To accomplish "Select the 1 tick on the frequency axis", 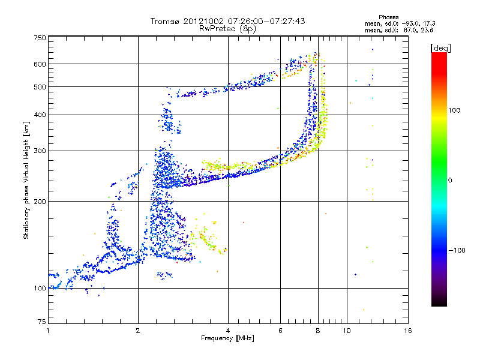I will [x=48, y=330].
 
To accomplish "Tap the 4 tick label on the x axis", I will [x=228, y=330].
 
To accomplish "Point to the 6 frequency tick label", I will [x=280, y=330].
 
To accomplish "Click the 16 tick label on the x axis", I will [x=408, y=330].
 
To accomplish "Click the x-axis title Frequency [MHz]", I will [x=228, y=338].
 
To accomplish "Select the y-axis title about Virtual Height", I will [x=26, y=180].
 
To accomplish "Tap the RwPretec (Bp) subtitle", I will [x=228, y=28].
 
